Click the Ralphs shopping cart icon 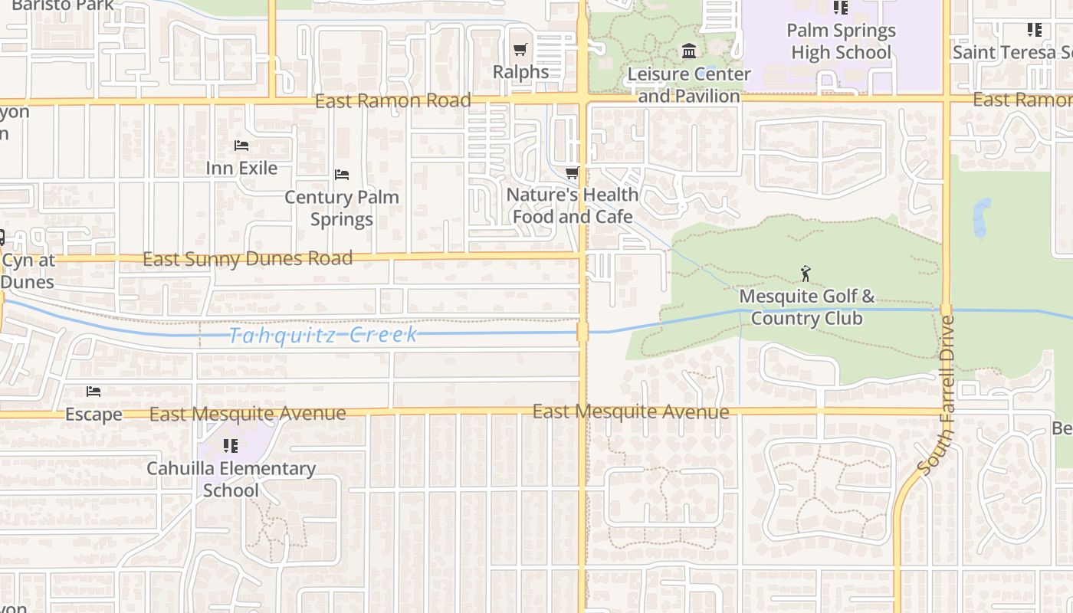click(520, 50)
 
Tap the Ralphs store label click(520, 72)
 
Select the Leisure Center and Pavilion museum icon click(689, 51)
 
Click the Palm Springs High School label click(842, 41)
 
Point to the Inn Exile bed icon click(241, 146)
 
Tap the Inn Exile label click(241, 168)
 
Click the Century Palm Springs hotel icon click(342, 175)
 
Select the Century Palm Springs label click(342, 208)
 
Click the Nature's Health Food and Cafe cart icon click(572, 172)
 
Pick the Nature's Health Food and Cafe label click(573, 205)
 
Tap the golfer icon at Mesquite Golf click(806, 274)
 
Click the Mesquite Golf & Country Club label click(806, 306)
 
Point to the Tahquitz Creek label click(323, 335)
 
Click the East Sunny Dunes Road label click(248, 258)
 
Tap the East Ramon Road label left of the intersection click(392, 100)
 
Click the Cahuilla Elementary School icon click(230, 445)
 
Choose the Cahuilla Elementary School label click(231, 479)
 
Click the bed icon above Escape click(93, 392)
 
